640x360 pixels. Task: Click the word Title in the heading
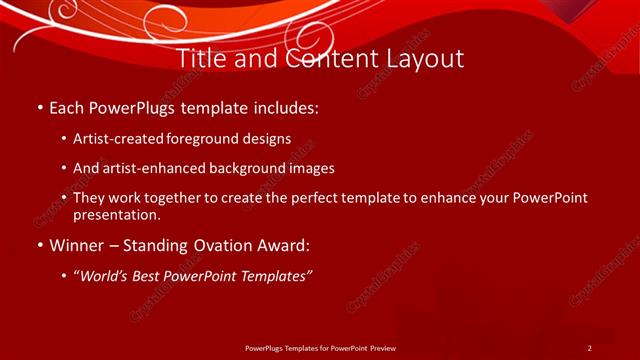(x=199, y=59)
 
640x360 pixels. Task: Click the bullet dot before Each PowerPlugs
(x=39, y=106)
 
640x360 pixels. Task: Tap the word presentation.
(x=117, y=215)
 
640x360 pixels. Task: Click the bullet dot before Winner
(x=39, y=245)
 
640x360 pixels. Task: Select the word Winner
(x=77, y=245)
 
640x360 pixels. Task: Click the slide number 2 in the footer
(x=590, y=347)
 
